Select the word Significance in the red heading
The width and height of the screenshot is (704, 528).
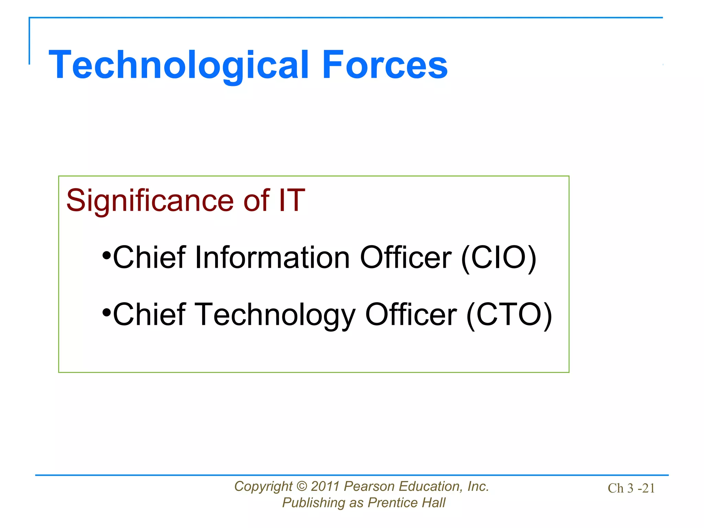point(150,201)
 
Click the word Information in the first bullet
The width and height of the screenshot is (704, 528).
point(272,258)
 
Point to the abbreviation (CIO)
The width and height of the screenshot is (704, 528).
point(498,258)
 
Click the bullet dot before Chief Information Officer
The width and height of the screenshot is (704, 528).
point(107,256)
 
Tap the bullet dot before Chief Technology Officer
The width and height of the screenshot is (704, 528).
point(107,313)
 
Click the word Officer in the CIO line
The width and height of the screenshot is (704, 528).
point(406,258)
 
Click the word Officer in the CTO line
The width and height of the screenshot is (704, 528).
point(411,315)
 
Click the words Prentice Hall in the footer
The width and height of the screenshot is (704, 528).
point(406,503)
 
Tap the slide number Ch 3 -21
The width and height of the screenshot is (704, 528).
point(631,488)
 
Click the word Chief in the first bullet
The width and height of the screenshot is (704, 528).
point(149,258)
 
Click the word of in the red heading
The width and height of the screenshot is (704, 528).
point(256,201)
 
